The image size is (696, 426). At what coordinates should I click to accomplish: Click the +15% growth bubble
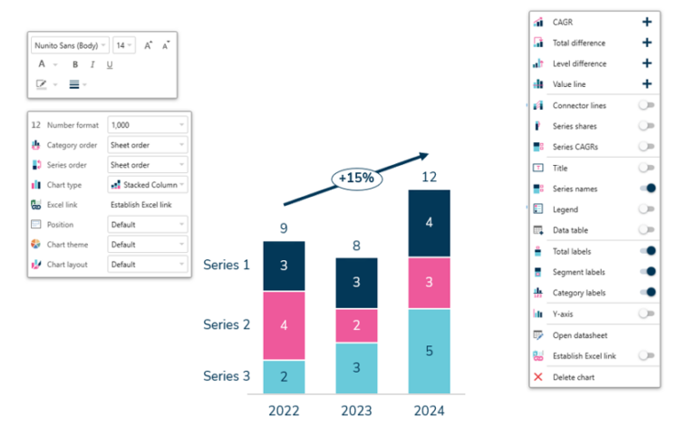(357, 178)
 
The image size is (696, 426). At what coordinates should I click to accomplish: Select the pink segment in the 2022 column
(284, 325)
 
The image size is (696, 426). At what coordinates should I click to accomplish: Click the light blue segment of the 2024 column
(429, 351)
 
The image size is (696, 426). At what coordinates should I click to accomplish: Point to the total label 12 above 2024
(429, 177)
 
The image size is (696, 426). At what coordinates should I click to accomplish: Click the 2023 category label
(356, 411)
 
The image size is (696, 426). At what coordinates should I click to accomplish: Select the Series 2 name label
(227, 324)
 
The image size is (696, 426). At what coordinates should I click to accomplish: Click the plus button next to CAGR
(647, 22)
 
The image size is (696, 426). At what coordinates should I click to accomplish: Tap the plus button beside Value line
(647, 84)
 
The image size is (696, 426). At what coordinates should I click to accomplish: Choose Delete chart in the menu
(573, 377)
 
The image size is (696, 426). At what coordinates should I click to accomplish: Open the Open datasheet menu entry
(579, 335)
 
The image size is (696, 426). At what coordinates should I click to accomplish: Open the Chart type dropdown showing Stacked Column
(148, 185)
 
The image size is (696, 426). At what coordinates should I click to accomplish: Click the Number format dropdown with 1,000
(148, 125)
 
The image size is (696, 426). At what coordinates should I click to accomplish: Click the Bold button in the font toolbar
(75, 64)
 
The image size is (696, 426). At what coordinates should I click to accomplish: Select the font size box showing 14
(124, 44)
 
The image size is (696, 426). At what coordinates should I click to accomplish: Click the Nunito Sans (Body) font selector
(69, 44)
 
